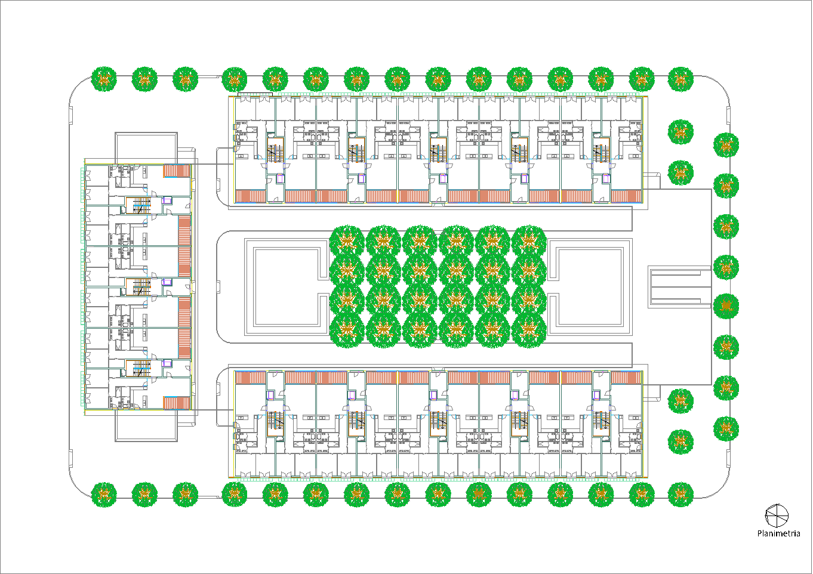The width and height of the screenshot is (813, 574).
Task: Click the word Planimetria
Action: (x=778, y=533)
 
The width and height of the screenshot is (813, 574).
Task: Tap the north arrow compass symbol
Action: (x=777, y=516)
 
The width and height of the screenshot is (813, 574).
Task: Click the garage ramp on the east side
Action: (x=680, y=287)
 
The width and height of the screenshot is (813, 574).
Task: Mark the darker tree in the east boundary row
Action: (x=726, y=307)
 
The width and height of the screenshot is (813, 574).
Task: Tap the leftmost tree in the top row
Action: (x=104, y=79)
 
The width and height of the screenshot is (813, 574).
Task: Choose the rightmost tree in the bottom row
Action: (x=680, y=495)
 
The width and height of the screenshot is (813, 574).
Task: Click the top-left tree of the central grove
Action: (x=347, y=242)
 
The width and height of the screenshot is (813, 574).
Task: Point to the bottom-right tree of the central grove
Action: (x=529, y=330)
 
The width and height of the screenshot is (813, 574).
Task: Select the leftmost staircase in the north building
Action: (x=275, y=152)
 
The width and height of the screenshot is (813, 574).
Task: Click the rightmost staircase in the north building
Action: (x=601, y=152)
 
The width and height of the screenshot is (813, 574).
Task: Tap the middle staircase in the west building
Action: (x=141, y=287)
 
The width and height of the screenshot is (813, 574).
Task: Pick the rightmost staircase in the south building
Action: (x=601, y=421)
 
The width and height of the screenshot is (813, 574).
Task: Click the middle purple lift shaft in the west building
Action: (x=167, y=282)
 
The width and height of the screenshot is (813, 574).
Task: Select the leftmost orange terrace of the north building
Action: (x=251, y=196)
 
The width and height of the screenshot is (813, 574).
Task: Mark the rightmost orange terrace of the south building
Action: (x=626, y=377)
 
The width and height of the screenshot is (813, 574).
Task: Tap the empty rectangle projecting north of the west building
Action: (x=146, y=147)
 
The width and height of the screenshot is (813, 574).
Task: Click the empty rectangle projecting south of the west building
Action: (x=146, y=426)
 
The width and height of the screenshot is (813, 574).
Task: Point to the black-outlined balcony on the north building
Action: (x=255, y=94)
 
